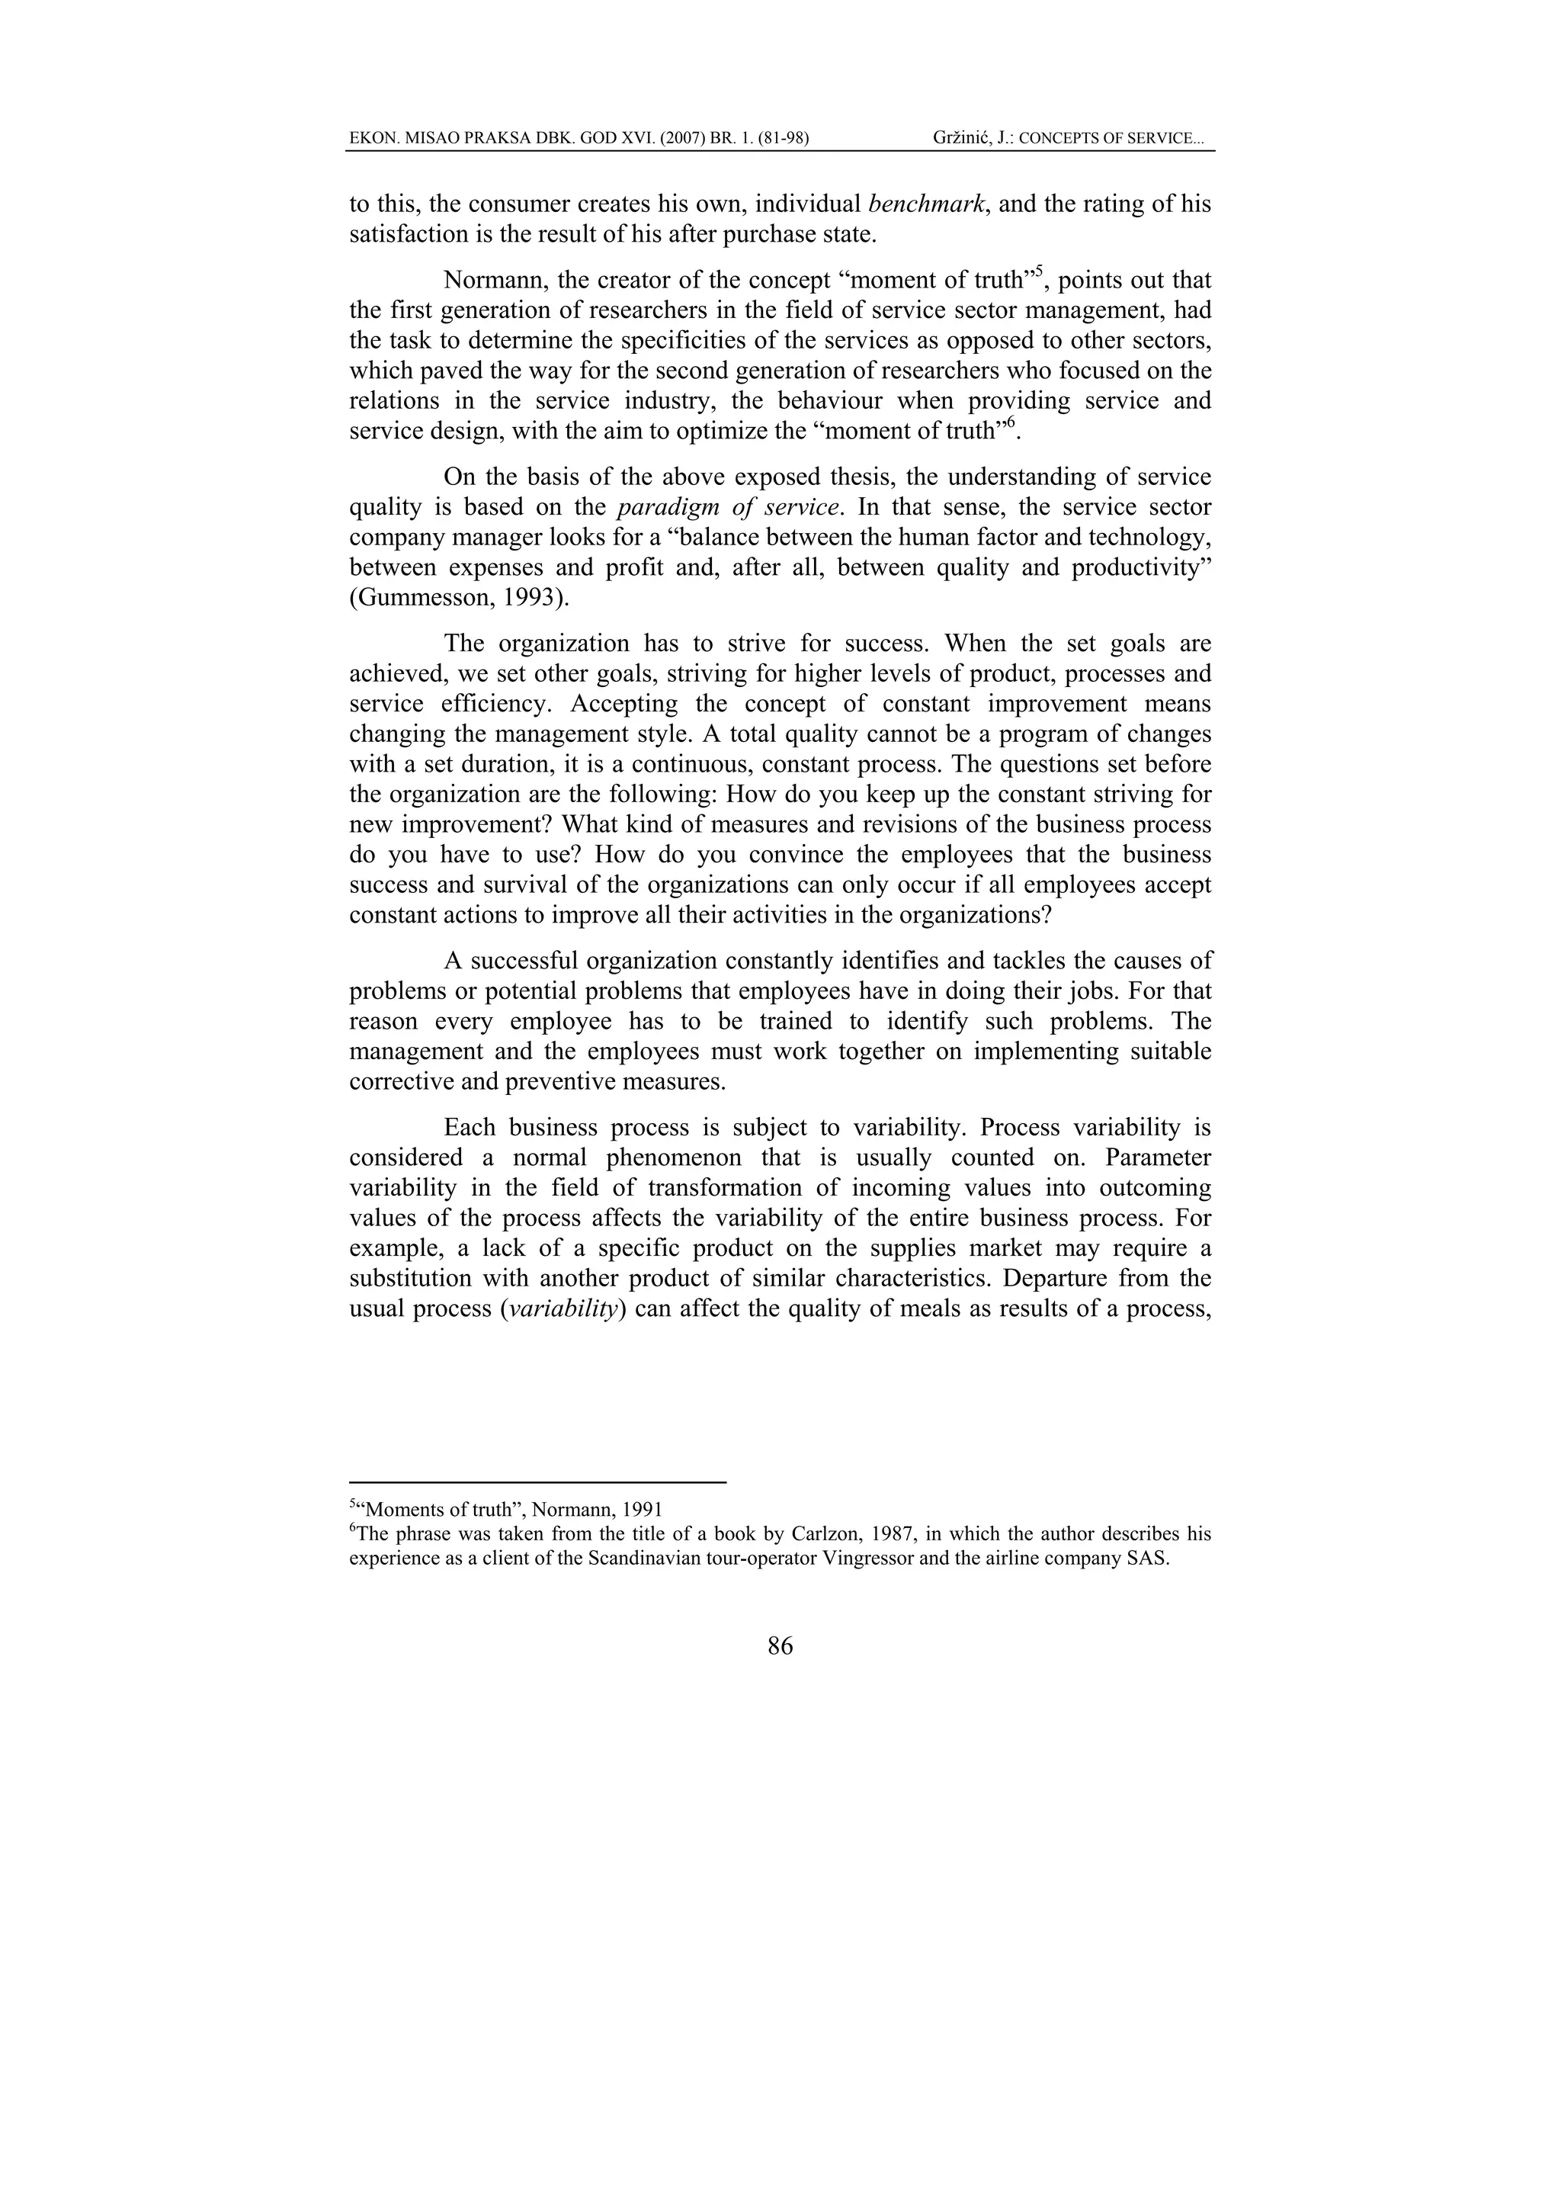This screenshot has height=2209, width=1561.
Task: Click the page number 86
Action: pyautogui.click(x=780, y=1646)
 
